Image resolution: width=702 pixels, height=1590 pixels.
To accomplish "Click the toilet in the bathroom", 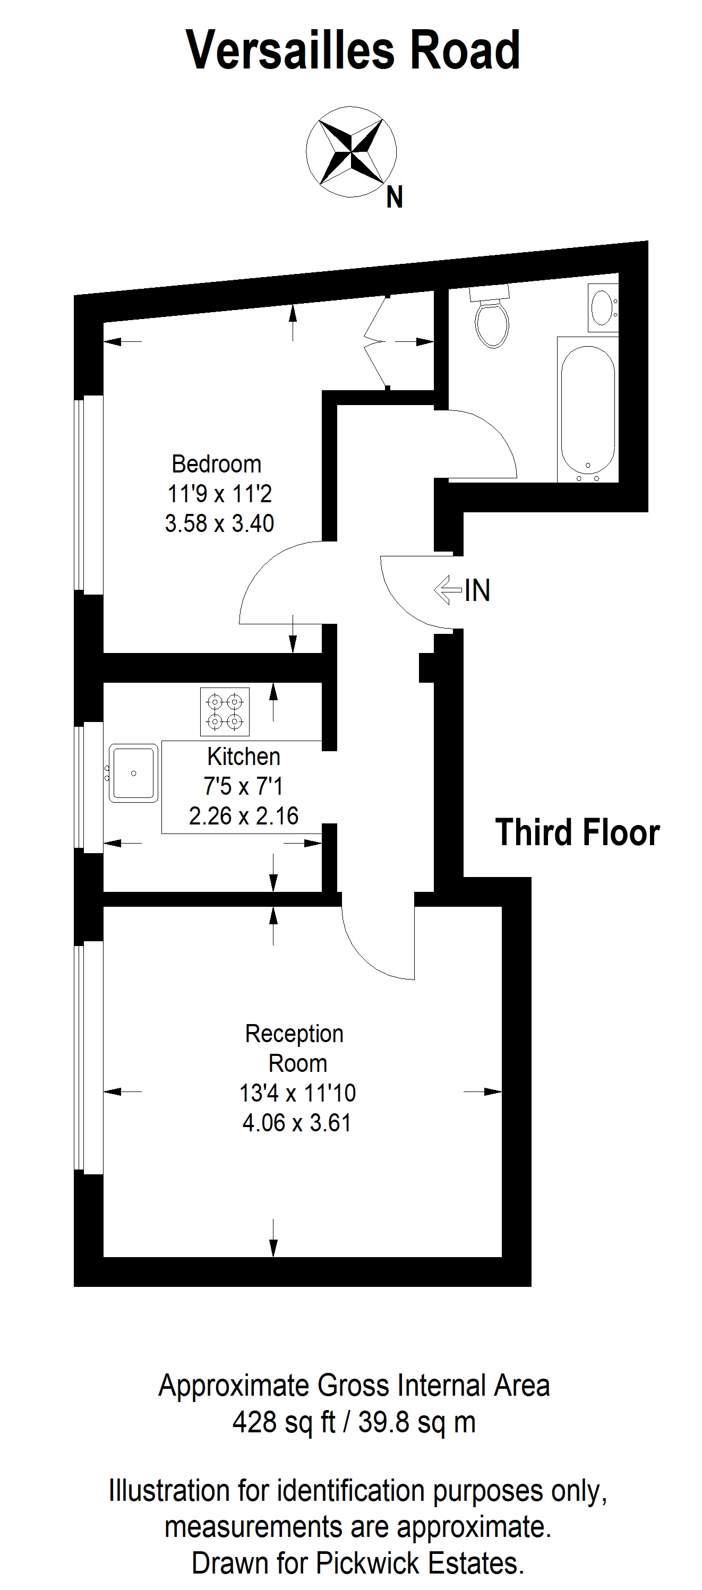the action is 492,316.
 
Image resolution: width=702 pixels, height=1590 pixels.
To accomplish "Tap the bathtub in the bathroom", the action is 588,409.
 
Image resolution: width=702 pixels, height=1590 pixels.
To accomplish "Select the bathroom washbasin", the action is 603,307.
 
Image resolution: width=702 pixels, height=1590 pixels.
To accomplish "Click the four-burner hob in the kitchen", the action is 225,712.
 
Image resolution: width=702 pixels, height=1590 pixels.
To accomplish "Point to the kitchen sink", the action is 133,773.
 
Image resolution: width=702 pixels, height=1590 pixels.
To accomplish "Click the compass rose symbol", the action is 352,152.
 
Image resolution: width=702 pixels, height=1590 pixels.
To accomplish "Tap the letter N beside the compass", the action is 395,197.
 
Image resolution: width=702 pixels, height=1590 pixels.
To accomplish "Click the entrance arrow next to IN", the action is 448,589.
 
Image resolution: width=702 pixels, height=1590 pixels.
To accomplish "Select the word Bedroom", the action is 216,464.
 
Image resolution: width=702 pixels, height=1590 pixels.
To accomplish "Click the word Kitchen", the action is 244,757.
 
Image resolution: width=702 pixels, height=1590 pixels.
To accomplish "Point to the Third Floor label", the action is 577,832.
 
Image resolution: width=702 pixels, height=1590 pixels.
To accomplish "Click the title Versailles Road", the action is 353,50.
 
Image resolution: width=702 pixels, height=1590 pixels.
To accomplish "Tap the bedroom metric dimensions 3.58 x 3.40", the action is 219,523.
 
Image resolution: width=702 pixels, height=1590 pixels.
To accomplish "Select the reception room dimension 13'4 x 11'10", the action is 297,1093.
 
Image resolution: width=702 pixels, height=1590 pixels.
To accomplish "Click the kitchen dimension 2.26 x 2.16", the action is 244,816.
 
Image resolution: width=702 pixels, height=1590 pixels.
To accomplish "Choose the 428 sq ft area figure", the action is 284,1422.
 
